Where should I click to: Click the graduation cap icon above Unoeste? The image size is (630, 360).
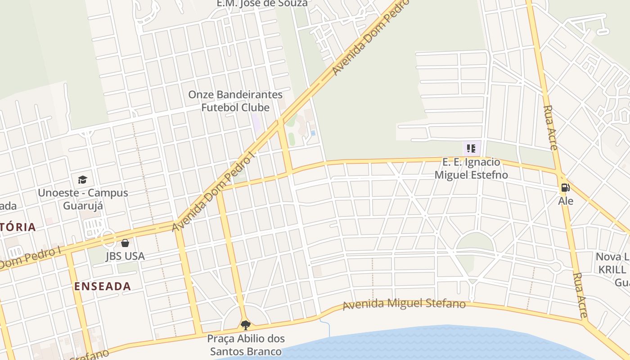[82, 180]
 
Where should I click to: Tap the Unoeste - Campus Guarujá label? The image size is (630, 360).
[83, 199]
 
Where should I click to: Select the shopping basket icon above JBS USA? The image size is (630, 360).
[125, 243]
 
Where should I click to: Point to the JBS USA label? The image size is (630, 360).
[125, 256]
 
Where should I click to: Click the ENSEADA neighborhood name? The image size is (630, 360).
[103, 286]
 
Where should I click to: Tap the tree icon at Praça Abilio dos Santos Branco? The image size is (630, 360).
[245, 325]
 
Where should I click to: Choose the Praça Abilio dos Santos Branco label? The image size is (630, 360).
[246, 345]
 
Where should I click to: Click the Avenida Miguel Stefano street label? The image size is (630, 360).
[404, 304]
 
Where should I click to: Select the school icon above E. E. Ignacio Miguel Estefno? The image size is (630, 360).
[471, 148]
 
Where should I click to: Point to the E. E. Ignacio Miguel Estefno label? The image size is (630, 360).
[471, 168]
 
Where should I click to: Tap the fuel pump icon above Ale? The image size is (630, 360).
[566, 188]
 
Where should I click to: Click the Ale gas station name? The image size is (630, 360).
[566, 201]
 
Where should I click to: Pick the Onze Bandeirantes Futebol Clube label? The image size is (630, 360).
[235, 101]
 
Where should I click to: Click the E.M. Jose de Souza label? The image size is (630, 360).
[262, 4]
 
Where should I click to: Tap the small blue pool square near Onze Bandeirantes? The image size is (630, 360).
[313, 133]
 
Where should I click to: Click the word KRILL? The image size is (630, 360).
[612, 270]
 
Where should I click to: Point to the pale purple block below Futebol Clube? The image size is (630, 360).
[256, 123]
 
